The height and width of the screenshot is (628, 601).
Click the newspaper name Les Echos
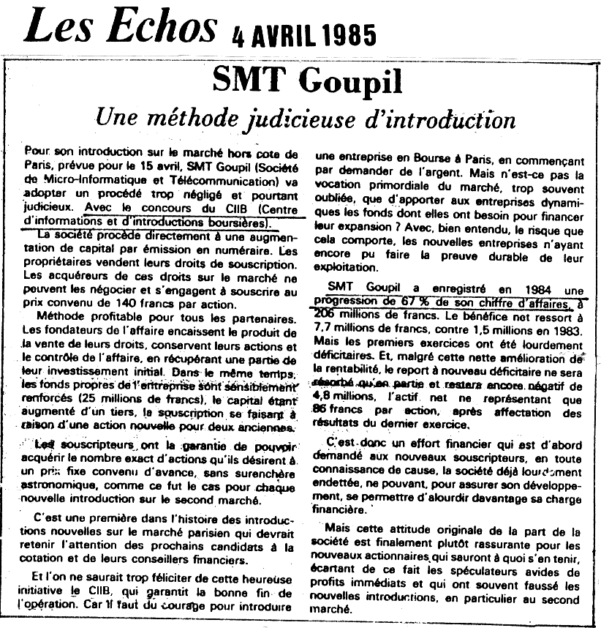pos(121,27)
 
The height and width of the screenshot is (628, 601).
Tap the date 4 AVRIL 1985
pos(303,34)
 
